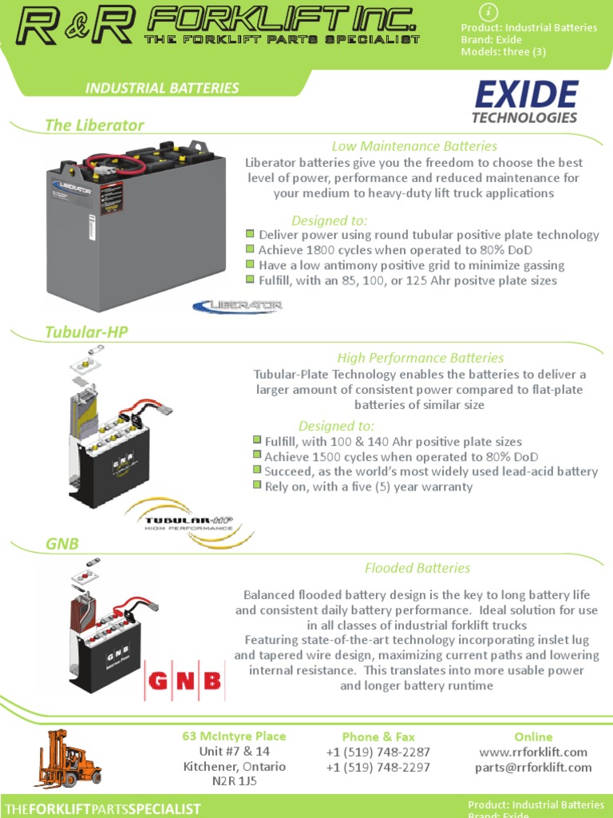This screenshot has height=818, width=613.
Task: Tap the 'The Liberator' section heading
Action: coord(94,125)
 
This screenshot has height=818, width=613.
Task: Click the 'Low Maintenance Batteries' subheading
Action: coord(414,146)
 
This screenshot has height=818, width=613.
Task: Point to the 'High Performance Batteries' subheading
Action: coord(420,359)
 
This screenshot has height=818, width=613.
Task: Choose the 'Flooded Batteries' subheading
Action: coord(417,568)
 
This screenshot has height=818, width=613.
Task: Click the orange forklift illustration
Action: coord(67,758)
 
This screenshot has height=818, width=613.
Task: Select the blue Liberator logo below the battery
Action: coord(238,305)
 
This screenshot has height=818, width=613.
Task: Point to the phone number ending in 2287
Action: coord(378,752)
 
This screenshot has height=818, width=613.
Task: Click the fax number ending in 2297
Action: coord(378,767)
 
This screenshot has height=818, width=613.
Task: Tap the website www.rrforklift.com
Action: coord(533,752)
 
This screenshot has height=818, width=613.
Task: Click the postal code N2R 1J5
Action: coord(235,781)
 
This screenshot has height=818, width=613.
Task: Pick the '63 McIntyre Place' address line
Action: coord(234,737)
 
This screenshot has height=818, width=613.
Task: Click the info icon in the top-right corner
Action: coord(490,11)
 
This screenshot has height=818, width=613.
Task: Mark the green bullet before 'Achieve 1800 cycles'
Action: coord(250,250)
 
